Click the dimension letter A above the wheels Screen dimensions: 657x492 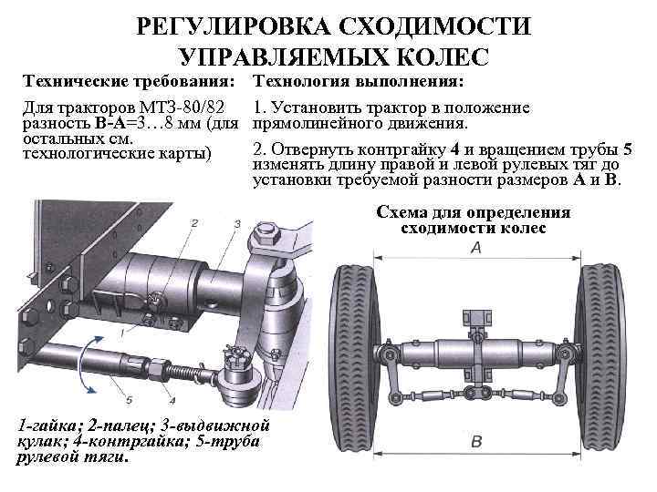click(475, 249)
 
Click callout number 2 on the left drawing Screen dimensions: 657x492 click(193, 222)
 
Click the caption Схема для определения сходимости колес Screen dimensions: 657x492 click(474, 220)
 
